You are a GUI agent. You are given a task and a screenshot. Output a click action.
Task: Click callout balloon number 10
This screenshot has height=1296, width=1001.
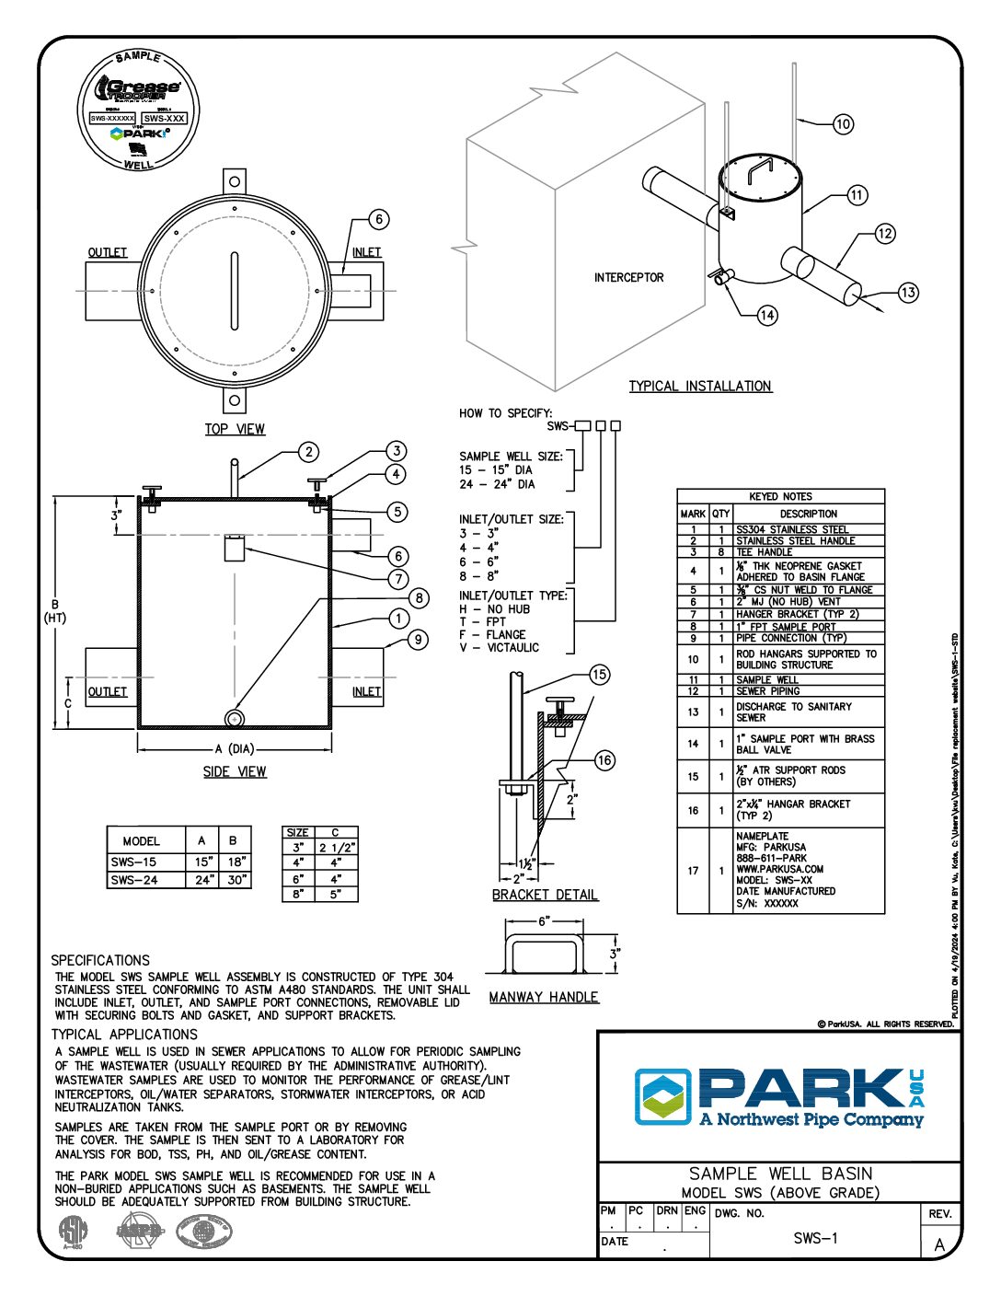coord(843,124)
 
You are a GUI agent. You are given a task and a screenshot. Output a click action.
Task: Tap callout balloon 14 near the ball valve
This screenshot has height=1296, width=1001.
coord(767,316)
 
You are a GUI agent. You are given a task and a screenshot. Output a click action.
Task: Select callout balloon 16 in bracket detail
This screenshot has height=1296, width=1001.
coord(604,760)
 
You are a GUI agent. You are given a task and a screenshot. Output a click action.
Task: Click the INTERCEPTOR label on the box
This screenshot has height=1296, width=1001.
coord(628,277)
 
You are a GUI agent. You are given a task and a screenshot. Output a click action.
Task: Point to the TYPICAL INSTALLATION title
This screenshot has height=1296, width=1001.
coord(700,387)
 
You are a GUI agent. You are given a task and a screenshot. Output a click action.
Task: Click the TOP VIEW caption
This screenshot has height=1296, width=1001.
coord(235,429)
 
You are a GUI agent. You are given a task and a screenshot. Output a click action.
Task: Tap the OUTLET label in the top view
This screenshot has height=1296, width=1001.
coord(108,252)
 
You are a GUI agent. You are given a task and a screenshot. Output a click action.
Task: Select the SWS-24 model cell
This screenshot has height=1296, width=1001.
coord(133,880)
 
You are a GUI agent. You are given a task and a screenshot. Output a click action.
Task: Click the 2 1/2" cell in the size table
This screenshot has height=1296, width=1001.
coord(336,847)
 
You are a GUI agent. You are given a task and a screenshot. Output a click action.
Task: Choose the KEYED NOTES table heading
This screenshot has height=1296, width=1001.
coord(780,496)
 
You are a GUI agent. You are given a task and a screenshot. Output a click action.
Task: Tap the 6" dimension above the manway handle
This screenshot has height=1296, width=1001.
coord(544,921)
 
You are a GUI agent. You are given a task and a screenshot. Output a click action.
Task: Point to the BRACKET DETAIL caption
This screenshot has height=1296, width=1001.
coord(545,895)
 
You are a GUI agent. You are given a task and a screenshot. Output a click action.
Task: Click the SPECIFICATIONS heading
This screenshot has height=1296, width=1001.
coord(100,960)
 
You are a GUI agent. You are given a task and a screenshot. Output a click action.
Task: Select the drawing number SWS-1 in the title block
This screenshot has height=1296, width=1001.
coord(815,1239)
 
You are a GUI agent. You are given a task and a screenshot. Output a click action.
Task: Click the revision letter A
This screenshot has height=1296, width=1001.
coord(939,1245)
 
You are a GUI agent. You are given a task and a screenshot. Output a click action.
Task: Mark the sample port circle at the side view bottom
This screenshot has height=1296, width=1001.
coord(235,718)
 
